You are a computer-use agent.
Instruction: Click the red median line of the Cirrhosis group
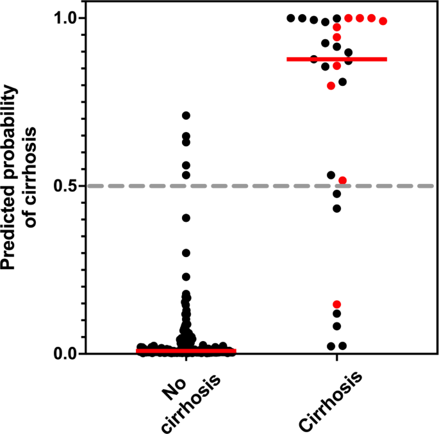[336, 59]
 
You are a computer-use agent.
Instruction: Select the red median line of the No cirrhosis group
[186, 351]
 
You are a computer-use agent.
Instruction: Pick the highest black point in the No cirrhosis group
[186, 115]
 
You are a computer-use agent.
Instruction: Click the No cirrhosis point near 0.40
[186, 218]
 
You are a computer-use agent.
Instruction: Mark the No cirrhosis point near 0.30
[186, 253]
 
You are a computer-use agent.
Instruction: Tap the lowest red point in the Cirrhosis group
[336, 304]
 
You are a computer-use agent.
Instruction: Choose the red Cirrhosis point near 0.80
[331, 85]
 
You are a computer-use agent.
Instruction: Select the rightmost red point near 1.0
[383, 21]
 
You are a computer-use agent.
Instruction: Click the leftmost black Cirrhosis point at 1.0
[290, 18]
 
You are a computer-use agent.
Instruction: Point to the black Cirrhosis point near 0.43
[336, 208]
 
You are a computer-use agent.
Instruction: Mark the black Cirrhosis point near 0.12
[336, 313]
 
